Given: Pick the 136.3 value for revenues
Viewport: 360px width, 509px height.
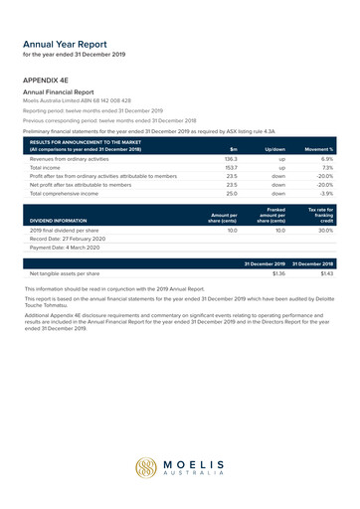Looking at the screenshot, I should (x=231, y=159).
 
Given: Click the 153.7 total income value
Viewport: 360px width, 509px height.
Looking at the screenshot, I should (x=231, y=168).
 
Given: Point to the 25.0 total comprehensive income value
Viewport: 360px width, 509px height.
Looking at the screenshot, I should (x=232, y=193).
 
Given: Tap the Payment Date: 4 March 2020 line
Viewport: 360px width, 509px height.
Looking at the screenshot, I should (x=68, y=248).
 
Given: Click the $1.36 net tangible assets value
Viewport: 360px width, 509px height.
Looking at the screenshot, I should (x=278, y=272).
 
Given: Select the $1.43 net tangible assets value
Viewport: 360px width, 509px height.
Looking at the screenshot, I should (x=325, y=272).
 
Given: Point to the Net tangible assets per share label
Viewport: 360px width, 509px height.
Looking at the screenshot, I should (x=66, y=272).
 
